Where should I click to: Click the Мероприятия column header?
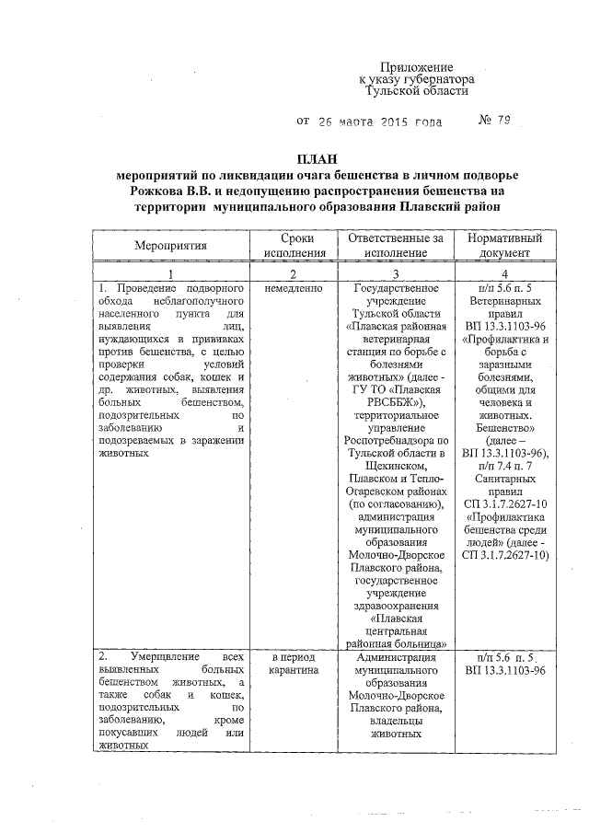pyautogui.click(x=170, y=246)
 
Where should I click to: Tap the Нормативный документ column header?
pyautogui.click(x=504, y=246)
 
